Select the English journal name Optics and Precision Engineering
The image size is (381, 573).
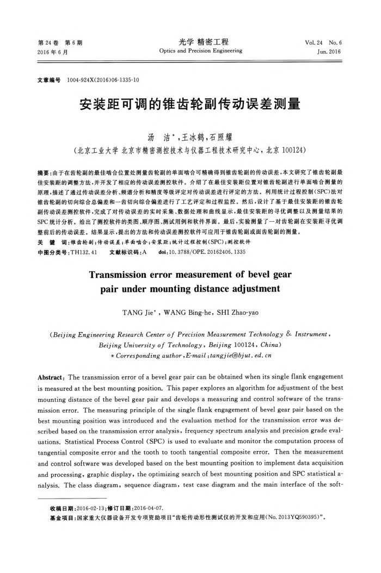(201, 51)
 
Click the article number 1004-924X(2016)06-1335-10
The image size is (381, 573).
(103, 80)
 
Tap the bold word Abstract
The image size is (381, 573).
(51, 377)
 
